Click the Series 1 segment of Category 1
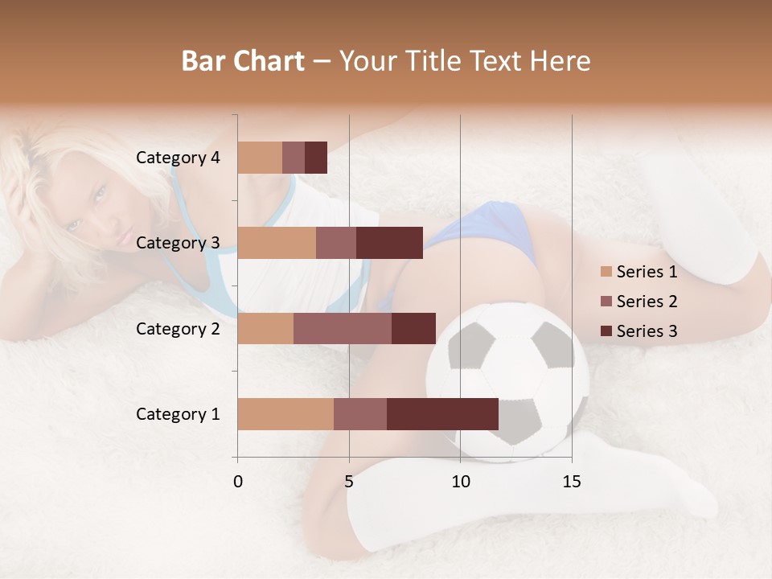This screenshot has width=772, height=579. [285, 414]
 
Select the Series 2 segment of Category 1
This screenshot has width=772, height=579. [360, 414]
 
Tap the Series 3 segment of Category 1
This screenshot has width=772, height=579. [442, 414]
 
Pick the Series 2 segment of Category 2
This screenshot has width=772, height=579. [343, 329]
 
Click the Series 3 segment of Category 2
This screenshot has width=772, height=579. [413, 329]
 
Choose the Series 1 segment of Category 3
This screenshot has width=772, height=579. [277, 243]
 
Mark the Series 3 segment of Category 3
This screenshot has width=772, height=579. [389, 243]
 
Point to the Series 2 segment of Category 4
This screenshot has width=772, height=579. [294, 158]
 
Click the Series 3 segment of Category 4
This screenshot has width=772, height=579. [316, 158]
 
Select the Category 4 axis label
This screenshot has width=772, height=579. [178, 158]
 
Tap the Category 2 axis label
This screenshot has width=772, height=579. [178, 329]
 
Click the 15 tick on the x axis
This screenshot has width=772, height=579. [571, 482]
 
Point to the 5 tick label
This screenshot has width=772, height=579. [349, 482]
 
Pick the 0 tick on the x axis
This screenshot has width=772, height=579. [238, 482]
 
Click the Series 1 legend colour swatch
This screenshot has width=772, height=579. [606, 272]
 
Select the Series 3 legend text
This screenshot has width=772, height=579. [647, 331]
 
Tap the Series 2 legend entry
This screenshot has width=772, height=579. [639, 302]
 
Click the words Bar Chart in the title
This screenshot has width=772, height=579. [243, 61]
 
